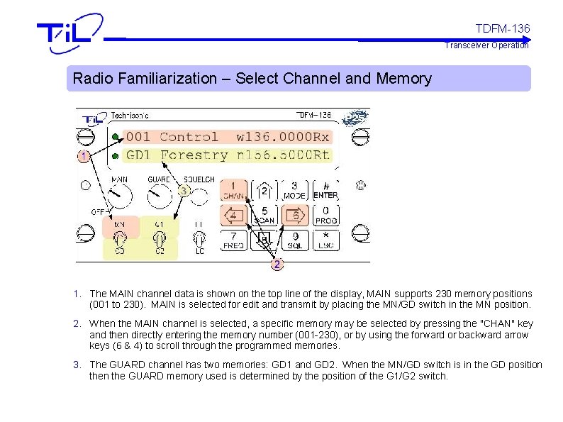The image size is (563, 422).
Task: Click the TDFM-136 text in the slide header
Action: pyautogui.click(x=502, y=28)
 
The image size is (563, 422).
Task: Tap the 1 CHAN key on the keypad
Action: pyautogui.click(x=233, y=189)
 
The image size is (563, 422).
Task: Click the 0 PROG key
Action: pyautogui.click(x=325, y=215)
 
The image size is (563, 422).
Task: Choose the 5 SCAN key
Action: pyautogui.click(x=264, y=215)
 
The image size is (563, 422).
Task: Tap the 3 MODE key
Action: pyautogui.click(x=294, y=189)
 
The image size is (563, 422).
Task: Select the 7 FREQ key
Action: pyautogui.click(x=233, y=240)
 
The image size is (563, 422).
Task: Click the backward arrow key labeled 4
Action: pyautogui.click(x=233, y=214)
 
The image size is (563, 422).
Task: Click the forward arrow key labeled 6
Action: pyautogui.click(x=294, y=214)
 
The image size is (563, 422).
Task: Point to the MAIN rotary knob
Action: pyautogui.click(x=119, y=196)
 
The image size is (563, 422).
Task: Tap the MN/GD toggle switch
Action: pyautogui.click(x=119, y=238)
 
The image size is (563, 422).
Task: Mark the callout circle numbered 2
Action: pyautogui.click(x=277, y=265)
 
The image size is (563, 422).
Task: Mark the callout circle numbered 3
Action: pyautogui.click(x=184, y=191)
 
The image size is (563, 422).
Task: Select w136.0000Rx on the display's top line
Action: pyautogui.click(x=282, y=137)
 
